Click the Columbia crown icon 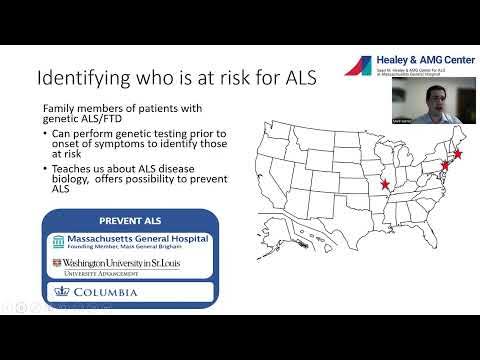click(x=58, y=293)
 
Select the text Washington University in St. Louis click(x=116, y=263)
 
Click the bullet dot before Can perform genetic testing click(x=48, y=133)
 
